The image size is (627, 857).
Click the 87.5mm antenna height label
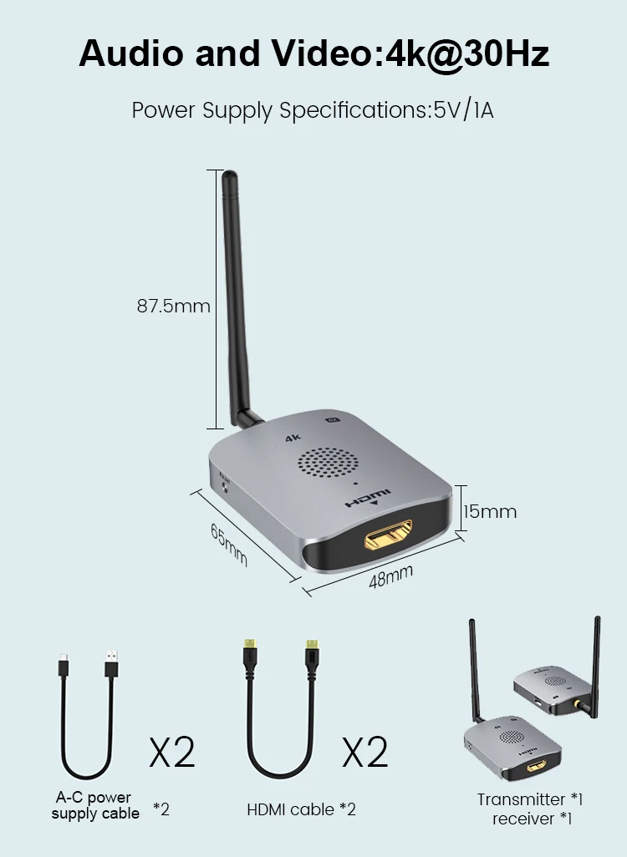point(173,307)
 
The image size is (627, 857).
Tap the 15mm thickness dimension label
point(490,511)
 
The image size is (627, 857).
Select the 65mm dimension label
point(228,544)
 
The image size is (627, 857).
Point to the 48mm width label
point(391,576)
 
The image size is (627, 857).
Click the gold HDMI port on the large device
point(388,535)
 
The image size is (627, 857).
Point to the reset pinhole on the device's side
point(227,486)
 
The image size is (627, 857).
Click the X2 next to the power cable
point(172,753)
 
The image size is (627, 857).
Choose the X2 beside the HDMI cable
point(365,753)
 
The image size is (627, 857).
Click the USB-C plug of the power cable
point(64,667)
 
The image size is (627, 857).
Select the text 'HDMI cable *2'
point(301,809)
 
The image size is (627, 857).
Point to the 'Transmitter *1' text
point(530,799)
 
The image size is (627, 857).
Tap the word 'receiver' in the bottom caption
point(522,819)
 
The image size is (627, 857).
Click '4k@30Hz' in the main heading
point(466,53)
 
